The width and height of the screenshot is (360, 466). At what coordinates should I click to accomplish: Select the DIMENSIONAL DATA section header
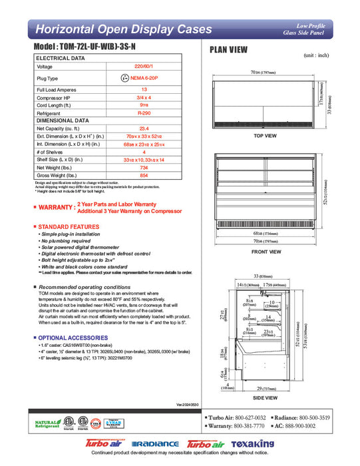[x=63, y=120]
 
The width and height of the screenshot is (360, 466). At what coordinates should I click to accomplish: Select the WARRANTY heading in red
[x=56, y=207]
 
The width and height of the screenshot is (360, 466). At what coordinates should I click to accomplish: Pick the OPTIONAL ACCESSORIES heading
[x=71, y=338]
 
